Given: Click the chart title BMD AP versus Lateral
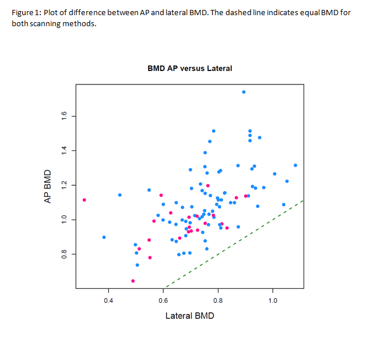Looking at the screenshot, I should tap(190, 68).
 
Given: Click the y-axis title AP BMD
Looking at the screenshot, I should tap(49, 186).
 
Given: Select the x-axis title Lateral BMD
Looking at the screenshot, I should tap(190, 316).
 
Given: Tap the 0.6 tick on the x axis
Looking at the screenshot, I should tap(163, 301).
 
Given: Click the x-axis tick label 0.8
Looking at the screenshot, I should tap(218, 301).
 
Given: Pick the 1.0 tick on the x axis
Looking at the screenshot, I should tap(273, 301).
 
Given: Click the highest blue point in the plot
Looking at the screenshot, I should tap(244, 92).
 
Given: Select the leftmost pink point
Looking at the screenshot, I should tap(84, 200).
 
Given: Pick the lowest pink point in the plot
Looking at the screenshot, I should tap(133, 281).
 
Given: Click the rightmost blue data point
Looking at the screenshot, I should tap(295, 165).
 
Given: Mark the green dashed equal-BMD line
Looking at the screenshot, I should tap(245, 237).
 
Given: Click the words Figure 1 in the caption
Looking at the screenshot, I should tap(26, 13).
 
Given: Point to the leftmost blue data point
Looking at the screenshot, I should tap(104, 237).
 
